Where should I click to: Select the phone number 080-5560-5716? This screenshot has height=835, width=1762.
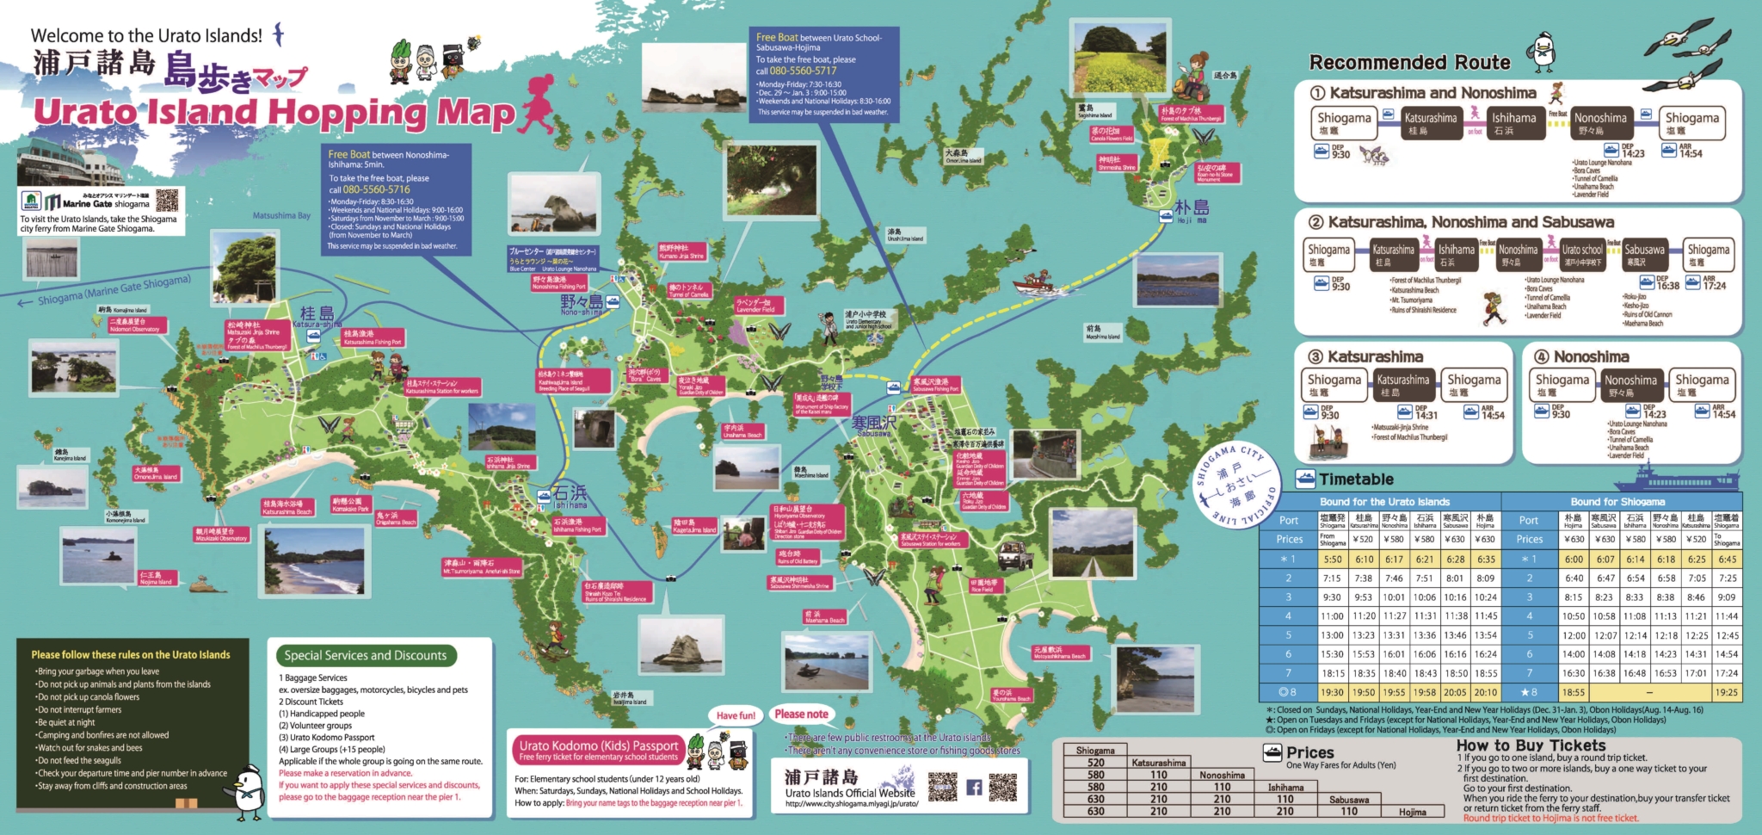377,189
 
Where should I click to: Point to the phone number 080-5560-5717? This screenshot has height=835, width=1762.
803,71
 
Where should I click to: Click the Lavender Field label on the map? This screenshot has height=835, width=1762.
755,306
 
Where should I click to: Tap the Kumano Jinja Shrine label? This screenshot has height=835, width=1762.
681,252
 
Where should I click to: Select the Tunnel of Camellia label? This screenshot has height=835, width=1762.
688,291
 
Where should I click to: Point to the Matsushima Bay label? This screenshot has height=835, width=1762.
281,216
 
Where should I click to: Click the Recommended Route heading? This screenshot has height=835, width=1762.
1409,63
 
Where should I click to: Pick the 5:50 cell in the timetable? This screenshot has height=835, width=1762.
1332,560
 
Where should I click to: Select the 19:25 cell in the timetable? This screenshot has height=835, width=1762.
1726,692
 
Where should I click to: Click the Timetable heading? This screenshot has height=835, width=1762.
1356,479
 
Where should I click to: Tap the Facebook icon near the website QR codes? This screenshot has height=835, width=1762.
974,787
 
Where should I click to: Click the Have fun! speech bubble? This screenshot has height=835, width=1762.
735,715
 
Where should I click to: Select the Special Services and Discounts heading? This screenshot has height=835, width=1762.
366,655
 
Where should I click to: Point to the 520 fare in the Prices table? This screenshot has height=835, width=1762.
1095,763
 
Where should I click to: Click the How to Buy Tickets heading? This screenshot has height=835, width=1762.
1531,745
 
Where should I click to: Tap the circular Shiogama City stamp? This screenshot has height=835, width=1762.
1235,486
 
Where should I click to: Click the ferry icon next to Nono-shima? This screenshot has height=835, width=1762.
613,301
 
